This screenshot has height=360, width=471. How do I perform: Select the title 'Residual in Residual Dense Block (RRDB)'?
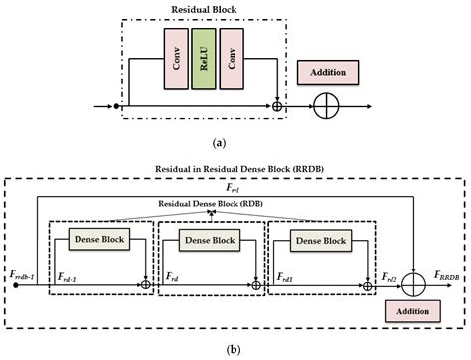(x=235, y=169)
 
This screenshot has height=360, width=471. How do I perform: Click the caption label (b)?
(x=235, y=350)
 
